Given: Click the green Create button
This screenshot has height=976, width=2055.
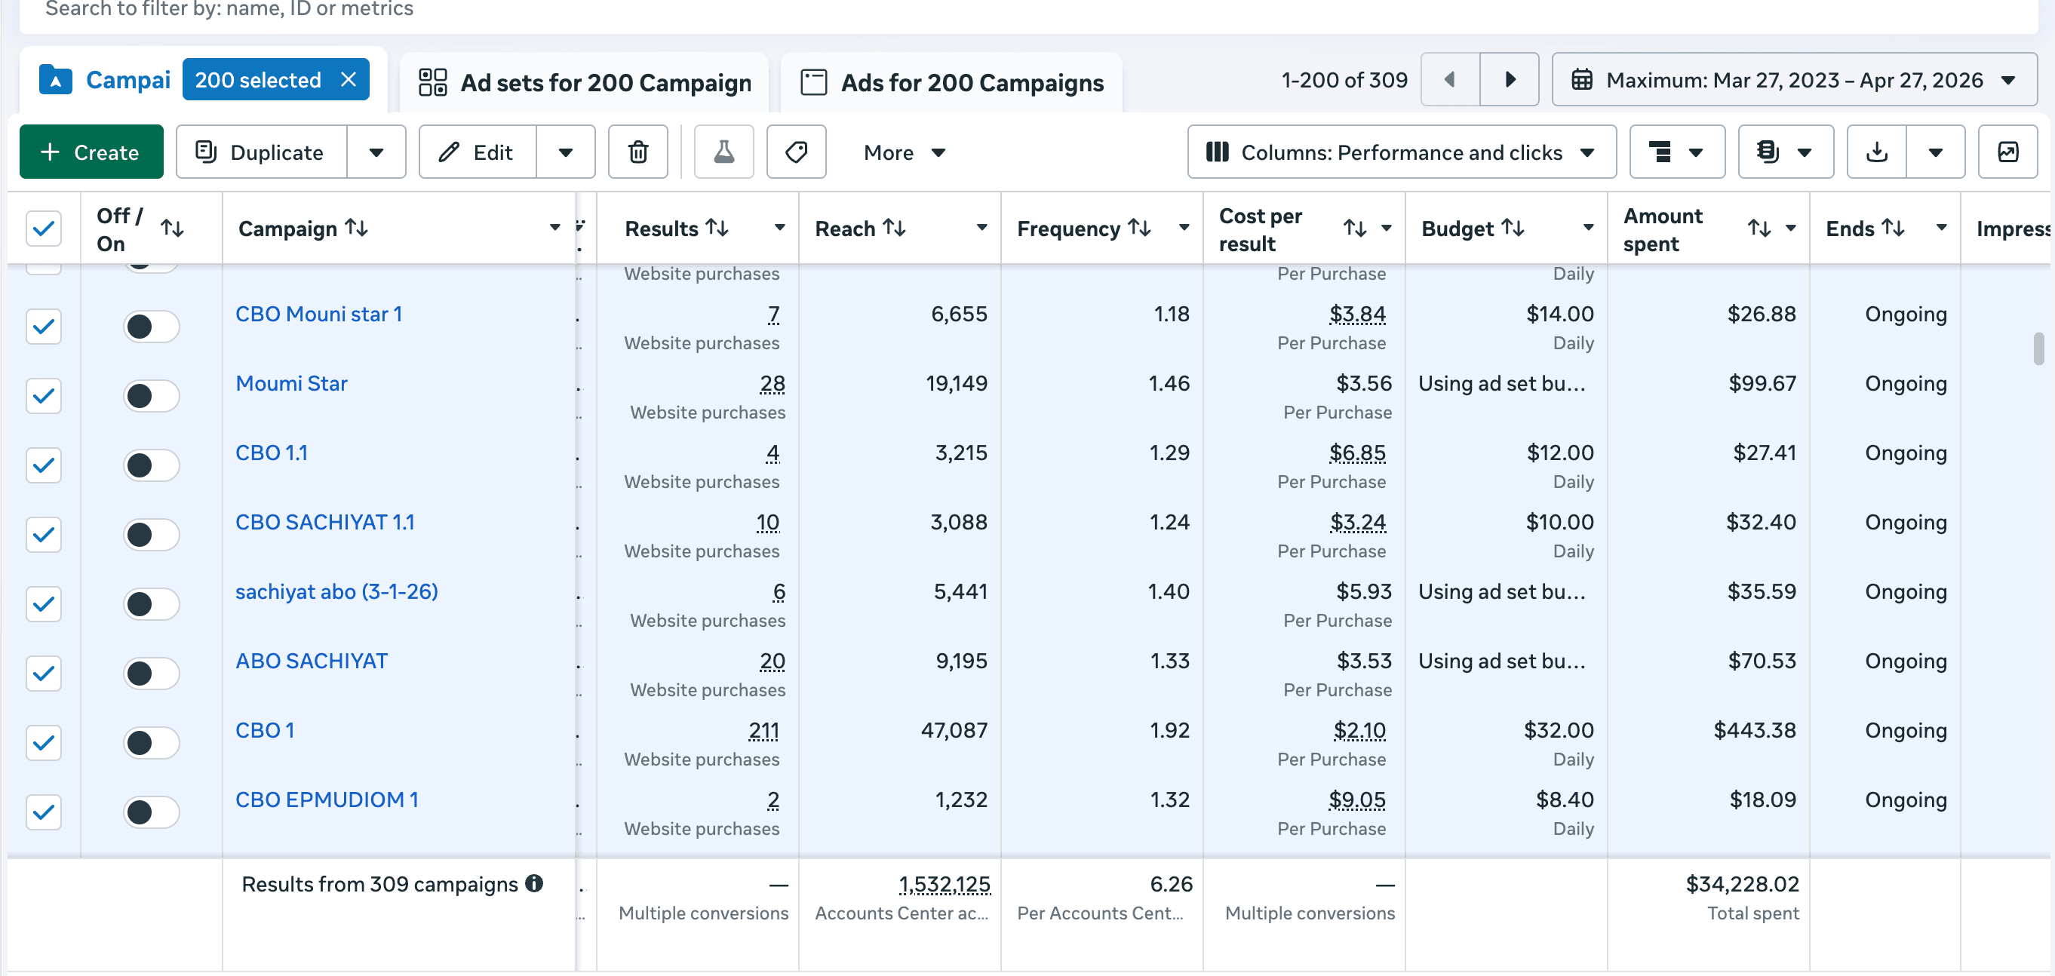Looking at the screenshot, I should click(91, 152).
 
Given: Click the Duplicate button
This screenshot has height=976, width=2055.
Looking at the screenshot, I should click(262, 152).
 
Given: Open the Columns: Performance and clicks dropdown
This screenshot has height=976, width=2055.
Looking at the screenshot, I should click(1401, 152).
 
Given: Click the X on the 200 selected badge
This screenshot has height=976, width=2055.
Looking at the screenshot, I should click(349, 79).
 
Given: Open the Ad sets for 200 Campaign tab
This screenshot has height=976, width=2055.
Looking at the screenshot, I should click(585, 82).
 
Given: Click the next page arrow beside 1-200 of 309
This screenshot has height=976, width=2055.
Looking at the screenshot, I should click(1510, 79).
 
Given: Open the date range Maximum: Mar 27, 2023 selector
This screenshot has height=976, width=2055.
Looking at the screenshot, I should click(1793, 79).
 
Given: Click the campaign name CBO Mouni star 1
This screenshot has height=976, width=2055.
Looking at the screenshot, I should click(318, 315).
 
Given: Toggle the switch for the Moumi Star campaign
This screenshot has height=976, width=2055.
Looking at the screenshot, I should click(151, 395).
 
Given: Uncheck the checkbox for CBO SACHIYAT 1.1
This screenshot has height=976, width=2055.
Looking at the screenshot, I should click(44, 534).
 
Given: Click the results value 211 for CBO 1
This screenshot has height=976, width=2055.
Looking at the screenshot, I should click(763, 730).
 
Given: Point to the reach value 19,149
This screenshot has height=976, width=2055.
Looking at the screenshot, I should click(956, 384).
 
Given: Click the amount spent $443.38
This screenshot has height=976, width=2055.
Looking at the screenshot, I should click(1754, 730).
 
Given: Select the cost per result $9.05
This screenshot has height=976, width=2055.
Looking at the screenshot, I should click(1356, 800).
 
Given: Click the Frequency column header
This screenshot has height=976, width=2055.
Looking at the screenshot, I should click(1068, 229).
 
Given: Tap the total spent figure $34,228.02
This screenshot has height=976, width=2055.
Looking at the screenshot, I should click(1741, 884).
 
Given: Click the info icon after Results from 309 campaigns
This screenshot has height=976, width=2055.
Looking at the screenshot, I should click(534, 883).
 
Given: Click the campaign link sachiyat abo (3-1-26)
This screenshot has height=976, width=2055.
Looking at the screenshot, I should click(336, 591).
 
